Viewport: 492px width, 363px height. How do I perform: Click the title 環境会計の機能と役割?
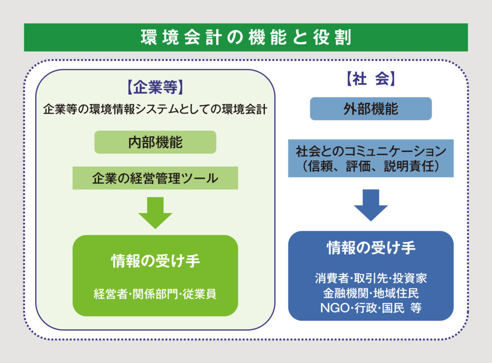[x=246, y=37]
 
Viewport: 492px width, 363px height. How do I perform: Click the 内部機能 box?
[x=155, y=143]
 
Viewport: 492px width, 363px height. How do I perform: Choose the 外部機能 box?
[x=370, y=109]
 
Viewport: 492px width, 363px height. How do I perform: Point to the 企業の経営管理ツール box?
[x=155, y=179]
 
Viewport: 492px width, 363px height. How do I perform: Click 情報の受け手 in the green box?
[x=155, y=261]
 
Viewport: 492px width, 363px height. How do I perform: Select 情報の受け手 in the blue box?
[x=370, y=248]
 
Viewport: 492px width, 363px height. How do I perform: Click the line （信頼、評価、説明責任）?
[x=370, y=167]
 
